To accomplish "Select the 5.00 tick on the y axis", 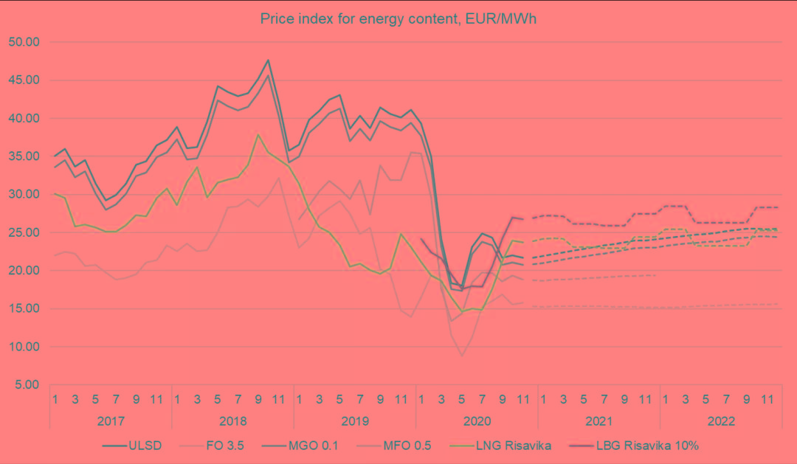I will click(24, 385).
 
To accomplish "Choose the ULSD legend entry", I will click(132, 446).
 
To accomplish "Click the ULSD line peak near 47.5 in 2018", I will click(268, 60).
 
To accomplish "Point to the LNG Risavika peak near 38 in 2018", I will click(258, 134).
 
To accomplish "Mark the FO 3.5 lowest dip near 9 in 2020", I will click(462, 356).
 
